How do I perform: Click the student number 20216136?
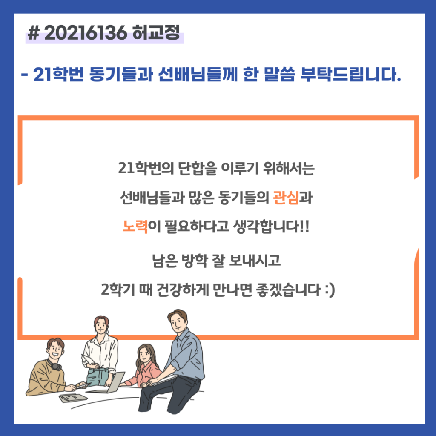85,33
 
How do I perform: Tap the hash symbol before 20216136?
33,33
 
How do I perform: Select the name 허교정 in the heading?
156,32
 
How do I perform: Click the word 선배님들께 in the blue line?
198,74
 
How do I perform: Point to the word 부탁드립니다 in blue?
351,74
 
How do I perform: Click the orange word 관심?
286,198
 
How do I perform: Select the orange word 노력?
135,227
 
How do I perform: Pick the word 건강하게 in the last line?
182,290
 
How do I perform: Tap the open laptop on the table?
109,383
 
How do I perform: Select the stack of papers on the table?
73,398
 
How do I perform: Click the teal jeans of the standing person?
97,377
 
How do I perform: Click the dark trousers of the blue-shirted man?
169,395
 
